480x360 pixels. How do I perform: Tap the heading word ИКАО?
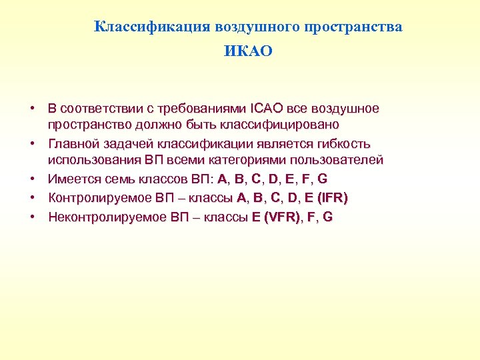[x=249, y=51]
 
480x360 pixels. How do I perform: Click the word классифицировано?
[x=285, y=125]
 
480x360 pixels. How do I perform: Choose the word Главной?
[x=75, y=143]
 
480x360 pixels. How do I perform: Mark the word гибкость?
[x=344, y=143]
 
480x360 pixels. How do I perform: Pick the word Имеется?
[x=71, y=179]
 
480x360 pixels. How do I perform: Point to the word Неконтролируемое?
[x=100, y=217]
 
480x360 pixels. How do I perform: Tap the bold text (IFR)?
[x=332, y=198]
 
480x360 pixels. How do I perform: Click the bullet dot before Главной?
[x=31, y=143]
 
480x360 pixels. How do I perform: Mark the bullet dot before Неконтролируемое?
[x=31, y=217]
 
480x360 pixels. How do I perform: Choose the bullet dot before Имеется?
[x=31, y=179]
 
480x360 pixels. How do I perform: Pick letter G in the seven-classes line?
[x=323, y=179]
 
